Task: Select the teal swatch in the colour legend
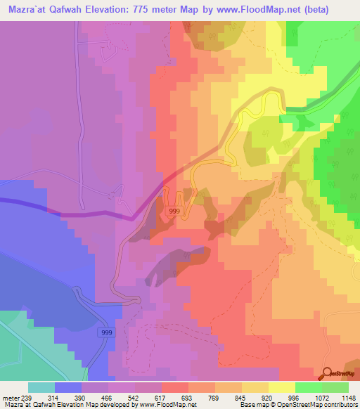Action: (x=41, y=387)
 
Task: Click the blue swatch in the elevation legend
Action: (x=68, y=387)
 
